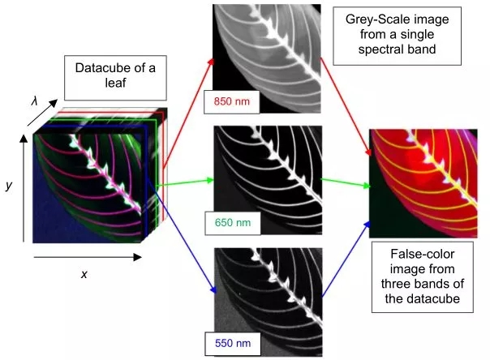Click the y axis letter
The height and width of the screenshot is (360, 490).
pos(9,186)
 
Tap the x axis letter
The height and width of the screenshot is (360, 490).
pos(84,273)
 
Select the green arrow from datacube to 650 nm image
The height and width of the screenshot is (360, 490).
pos(183,185)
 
